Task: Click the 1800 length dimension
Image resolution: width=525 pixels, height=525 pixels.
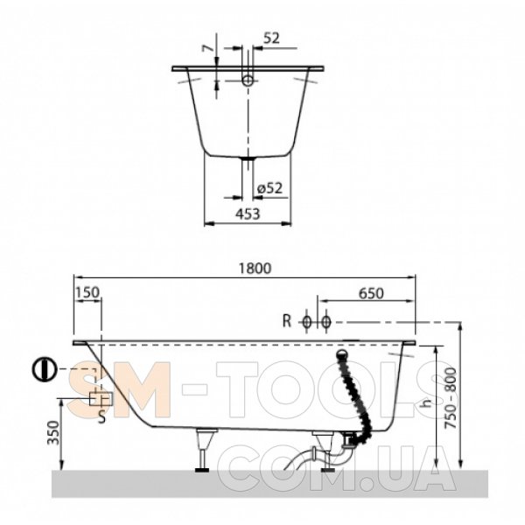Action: click(255, 269)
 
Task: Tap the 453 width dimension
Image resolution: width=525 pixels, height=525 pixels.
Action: click(248, 214)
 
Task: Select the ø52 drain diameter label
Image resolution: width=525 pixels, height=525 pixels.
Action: click(269, 188)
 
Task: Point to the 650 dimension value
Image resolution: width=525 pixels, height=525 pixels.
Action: click(371, 294)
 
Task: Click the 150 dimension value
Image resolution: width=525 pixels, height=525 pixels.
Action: click(87, 292)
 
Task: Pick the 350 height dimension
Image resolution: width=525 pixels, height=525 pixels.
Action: click(53, 432)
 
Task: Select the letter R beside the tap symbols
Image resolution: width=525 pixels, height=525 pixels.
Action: click(287, 321)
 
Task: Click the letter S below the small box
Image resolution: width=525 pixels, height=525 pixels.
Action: click(101, 417)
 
